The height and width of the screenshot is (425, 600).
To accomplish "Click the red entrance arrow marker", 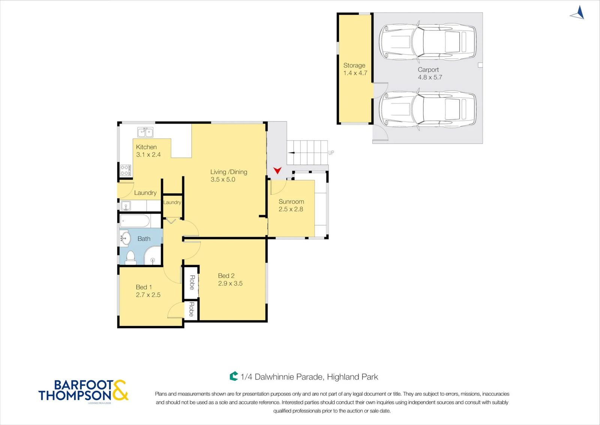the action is pyautogui.click(x=277, y=170).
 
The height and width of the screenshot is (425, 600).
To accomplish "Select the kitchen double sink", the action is pyautogui.click(x=145, y=132).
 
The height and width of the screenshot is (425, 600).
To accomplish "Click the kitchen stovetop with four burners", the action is pyautogui.click(x=125, y=170).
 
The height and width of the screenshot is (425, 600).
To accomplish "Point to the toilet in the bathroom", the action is pyautogui.click(x=130, y=258).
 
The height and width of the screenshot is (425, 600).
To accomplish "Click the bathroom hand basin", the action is pyautogui.click(x=125, y=238).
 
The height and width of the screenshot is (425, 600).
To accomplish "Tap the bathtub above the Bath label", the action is pyautogui.click(x=135, y=221).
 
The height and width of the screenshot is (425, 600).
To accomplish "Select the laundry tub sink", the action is pyautogui.click(x=125, y=206).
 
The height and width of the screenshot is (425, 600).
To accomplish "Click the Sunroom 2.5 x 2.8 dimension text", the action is pyautogui.click(x=291, y=209).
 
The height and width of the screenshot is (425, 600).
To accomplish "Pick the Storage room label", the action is pyautogui.click(x=354, y=65).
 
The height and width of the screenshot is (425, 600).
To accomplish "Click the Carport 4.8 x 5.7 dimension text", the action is pyautogui.click(x=430, y=77).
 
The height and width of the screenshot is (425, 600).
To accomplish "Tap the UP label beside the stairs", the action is pyautogui.click(x=331, y=153).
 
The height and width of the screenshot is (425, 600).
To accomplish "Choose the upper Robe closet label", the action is pyautogui.click(x=192, y=282).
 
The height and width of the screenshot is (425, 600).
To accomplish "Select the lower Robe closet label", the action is pyautogui.click(x=192, y=309).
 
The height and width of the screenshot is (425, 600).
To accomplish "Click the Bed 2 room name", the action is pyautogui.click(x=226, y=276).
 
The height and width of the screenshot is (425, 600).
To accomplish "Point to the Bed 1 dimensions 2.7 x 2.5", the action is pyautogui.click(x=148, y=295).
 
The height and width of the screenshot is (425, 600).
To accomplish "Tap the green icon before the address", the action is pyautogui.click(x=234, y=376).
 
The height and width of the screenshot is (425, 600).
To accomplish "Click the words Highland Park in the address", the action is pyautogui.click(x=352, y=377).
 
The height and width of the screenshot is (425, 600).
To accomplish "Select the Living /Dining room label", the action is pyautogui.click(x=229, y=172).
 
